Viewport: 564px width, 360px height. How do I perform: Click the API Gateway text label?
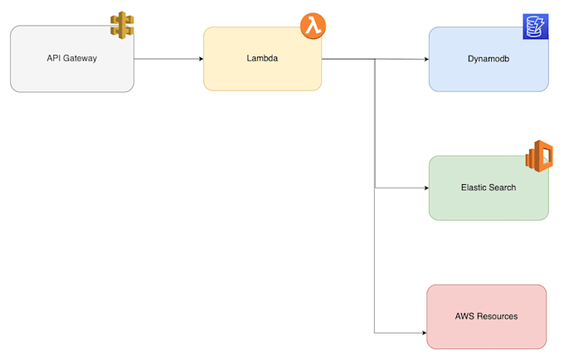[x=72, y=59]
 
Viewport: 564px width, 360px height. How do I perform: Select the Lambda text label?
[x=262, y=59]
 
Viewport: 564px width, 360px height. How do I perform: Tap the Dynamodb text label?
[x=489, y=60]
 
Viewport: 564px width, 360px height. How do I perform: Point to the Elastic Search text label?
[x=489, y=187]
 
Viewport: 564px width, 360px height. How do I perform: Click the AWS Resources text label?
[x=487, y=316]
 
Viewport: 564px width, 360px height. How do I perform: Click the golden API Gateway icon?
[x=122, y=25]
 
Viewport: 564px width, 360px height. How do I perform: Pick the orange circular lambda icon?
[x=313, y=26]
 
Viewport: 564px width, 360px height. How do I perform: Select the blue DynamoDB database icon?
[x=535, y=27]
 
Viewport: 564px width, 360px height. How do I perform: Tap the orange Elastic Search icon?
[x=539, y=155]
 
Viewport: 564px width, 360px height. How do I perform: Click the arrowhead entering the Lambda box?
[x=200, y=59]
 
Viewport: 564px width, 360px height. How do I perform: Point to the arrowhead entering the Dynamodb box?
[x=425, y=60]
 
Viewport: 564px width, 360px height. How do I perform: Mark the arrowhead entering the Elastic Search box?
[x=425, y=187]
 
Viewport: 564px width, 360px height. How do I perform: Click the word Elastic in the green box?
[x=473, y=187]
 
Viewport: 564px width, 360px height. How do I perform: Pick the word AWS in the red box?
[x=464, y=316]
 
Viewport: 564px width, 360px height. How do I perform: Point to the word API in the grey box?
[x=54, y=59]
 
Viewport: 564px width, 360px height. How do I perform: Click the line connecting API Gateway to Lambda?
[x=166, y=59]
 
